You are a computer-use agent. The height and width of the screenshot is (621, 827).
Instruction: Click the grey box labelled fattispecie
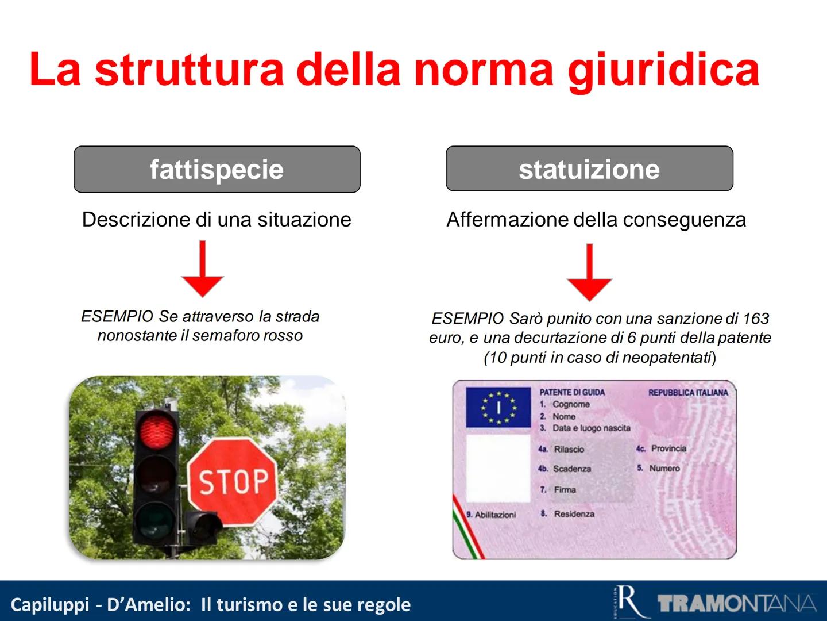pos(217,169)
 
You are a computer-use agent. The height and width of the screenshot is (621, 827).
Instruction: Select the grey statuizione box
pos(589,169)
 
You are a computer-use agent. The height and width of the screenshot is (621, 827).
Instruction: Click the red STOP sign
pos(233,481)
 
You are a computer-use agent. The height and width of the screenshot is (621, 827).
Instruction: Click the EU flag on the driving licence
pos(498,407)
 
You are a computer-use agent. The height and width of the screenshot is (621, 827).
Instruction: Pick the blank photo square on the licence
pos(498,468)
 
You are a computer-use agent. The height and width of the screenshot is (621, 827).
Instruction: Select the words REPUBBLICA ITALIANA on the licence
pos(688,393)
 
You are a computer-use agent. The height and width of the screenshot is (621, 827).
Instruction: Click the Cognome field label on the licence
pos(571,404)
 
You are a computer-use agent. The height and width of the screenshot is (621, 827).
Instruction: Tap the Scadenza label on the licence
pos(571,469)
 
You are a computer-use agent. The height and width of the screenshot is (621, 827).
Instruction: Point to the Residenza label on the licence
pos(574,514)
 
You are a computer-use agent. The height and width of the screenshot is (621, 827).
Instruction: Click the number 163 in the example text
pos(756,319)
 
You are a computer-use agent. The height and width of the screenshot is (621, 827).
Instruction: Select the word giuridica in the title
pos(663,70)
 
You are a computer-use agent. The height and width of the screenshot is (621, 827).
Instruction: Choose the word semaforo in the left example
pos(227,336)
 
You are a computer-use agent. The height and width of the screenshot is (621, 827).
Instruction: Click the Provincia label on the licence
pos(668,448)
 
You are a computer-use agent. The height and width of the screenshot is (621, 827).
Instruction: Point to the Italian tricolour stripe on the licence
pos(467,532)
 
